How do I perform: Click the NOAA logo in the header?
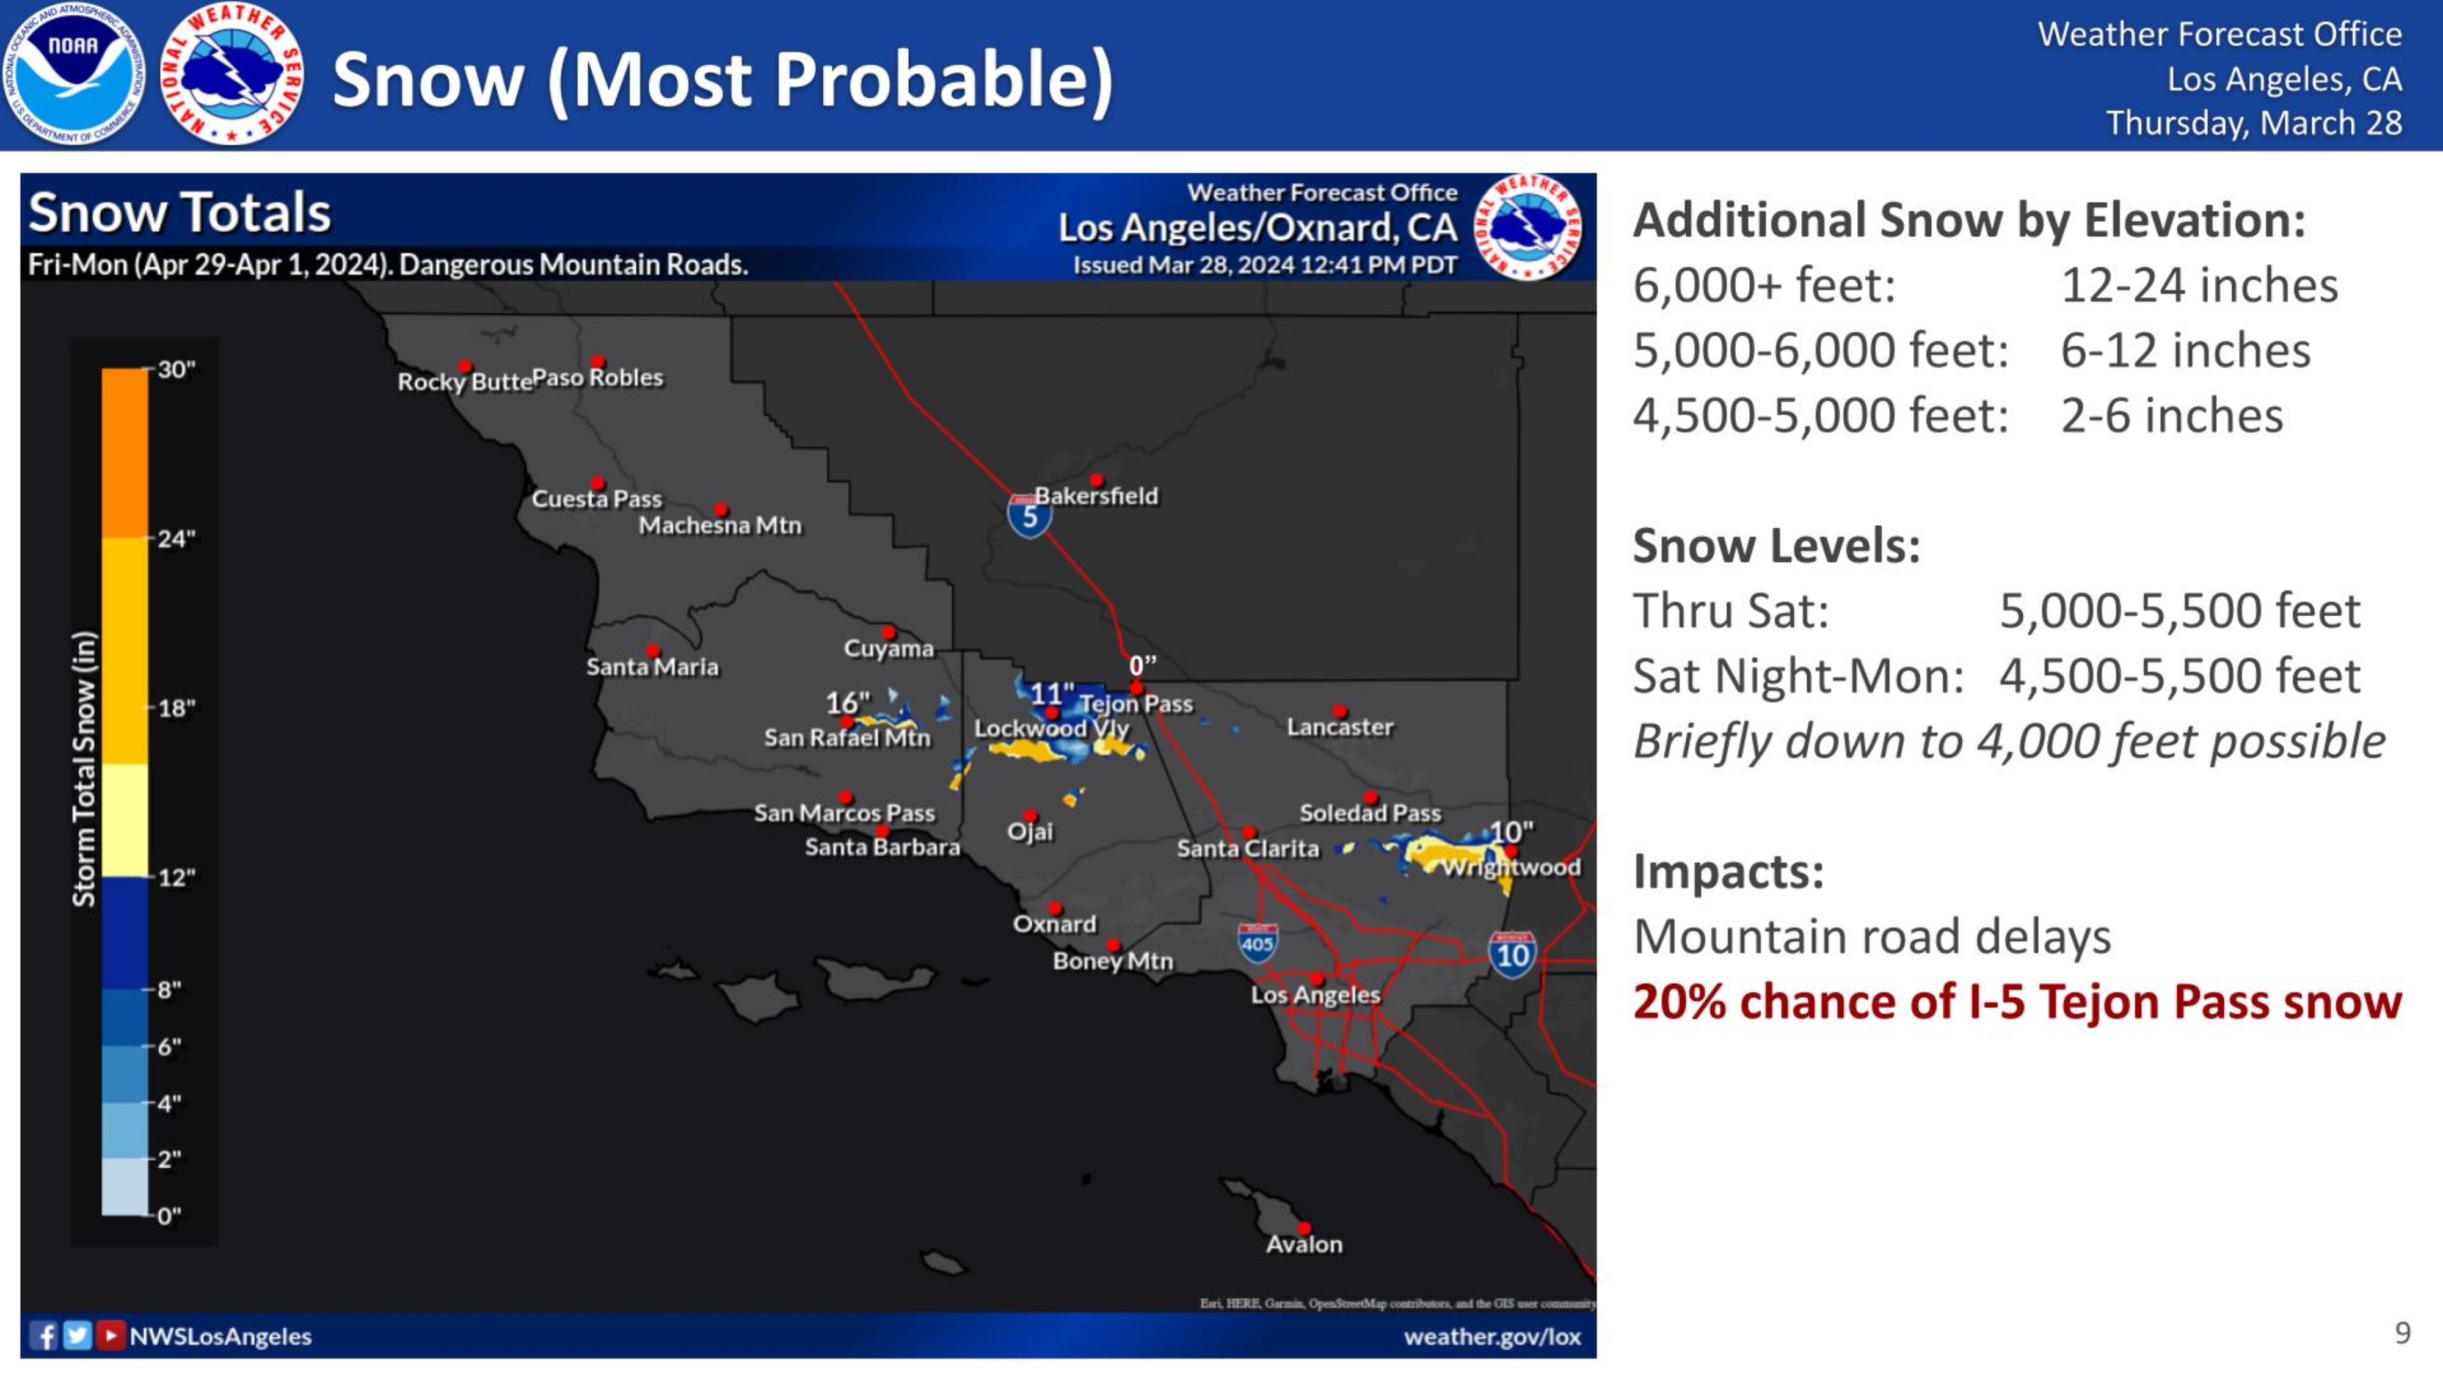coord(73,74)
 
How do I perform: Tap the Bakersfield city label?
coord(1096,496)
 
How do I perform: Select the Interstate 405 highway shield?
coord(1258,942)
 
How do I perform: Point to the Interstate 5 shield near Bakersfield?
coord(1029,516)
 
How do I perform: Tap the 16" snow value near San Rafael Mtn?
coord(847,703)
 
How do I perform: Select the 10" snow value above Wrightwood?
coord(1511,832)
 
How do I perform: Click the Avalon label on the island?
coord(1304,1244)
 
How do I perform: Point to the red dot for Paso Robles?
coord(597,362)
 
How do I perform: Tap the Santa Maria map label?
coord(652,667)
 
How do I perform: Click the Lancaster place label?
coord(1340,727)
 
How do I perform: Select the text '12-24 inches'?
coord(2199,285)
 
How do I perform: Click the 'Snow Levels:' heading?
coord(1776,545)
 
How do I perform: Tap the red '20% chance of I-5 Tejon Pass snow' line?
coord(2017,1001)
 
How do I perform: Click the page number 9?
coord(2402,1333)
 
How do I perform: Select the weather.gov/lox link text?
coord(1492,1336)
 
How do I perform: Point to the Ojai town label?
coord(1030,832)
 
